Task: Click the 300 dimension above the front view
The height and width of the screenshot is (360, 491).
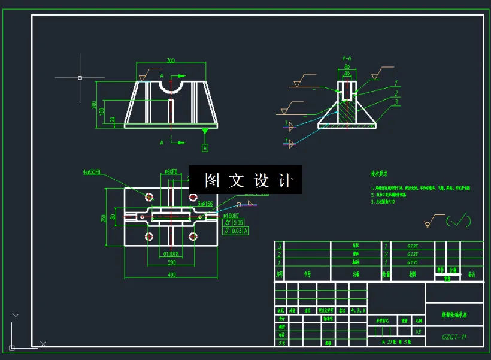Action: (x=171, y=60)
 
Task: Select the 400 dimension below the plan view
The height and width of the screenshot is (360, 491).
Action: (x=172, y=274)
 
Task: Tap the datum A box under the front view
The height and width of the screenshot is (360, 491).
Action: (x=205, y=147)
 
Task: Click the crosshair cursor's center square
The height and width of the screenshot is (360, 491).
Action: (x=80, y=77)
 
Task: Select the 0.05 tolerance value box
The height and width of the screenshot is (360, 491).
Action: (x=238, y=223)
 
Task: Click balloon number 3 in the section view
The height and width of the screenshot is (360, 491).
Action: (x=396, y=102)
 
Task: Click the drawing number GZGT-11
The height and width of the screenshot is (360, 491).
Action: (x=454, y=337)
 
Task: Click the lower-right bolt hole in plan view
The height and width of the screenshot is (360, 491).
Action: (x=193, y=237)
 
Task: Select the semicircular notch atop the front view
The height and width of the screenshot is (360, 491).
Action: (x=171, y=87)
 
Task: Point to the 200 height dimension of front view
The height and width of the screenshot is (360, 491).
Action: (x=94, y=104)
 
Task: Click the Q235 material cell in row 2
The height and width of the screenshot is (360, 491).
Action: (x=413, y=253)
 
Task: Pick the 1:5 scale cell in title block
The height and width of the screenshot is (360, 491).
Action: (x=418, y=331)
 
